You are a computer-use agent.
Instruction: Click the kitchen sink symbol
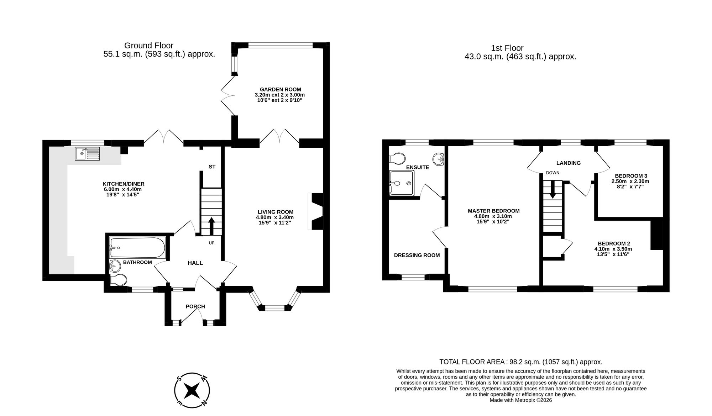88,154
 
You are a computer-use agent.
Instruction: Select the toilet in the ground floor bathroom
119,280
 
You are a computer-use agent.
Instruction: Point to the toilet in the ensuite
397,158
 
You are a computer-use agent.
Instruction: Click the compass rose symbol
192,391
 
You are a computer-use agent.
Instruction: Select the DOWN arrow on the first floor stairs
553,189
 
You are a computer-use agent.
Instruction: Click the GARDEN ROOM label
280,89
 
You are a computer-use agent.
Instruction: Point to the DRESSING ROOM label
417,255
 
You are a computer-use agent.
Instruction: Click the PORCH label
195,306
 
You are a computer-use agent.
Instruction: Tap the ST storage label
212,167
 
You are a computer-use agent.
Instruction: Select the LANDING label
569,163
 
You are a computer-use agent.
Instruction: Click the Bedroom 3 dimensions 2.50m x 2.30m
630,181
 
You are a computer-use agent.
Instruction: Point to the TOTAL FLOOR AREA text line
521,362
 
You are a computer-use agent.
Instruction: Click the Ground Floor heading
149,46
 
